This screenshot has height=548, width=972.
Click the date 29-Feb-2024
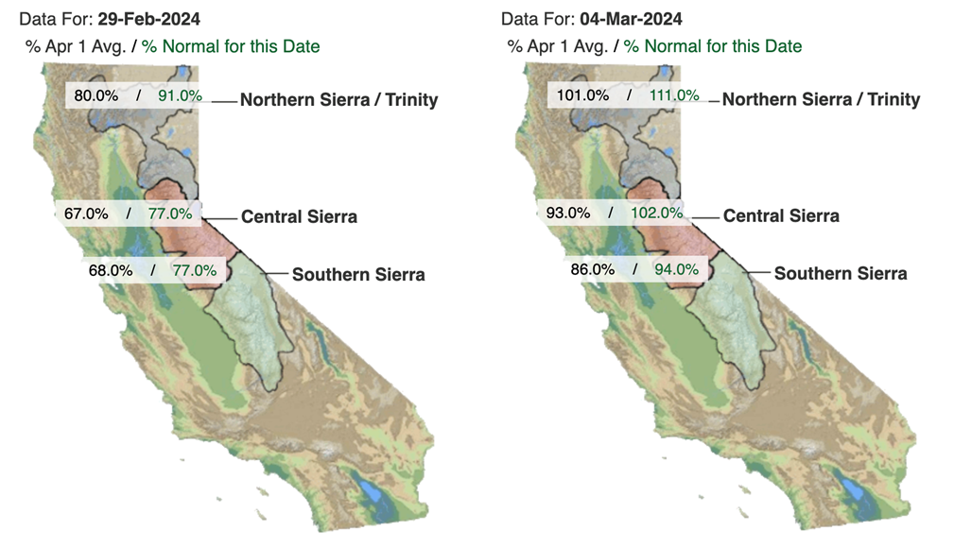(148, 19)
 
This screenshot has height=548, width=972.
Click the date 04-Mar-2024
(631, 19)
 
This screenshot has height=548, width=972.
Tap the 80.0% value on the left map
(96, 95)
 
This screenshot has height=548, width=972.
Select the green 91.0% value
(180, 95)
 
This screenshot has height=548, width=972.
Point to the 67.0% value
(86, 214)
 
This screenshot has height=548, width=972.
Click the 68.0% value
(111, 270)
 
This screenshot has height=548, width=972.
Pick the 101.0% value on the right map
(582, 95)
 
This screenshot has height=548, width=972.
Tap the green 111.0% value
(674, 95)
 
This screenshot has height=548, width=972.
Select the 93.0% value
(568, 213)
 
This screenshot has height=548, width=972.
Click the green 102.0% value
(656, 213)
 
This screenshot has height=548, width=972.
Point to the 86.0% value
(593, 269)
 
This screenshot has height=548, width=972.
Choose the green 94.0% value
(676, 269)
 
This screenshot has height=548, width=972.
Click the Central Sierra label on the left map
(299, 216)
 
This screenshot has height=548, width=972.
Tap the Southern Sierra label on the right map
(841, 273)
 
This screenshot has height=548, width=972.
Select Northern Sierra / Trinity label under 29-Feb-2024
(339, 100)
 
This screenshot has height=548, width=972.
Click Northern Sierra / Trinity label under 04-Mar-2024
(822, 99)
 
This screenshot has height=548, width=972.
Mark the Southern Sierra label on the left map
(358, 274)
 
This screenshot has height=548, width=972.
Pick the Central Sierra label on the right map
(781, 216)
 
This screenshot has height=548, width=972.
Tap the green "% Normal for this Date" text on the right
(713, 46)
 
